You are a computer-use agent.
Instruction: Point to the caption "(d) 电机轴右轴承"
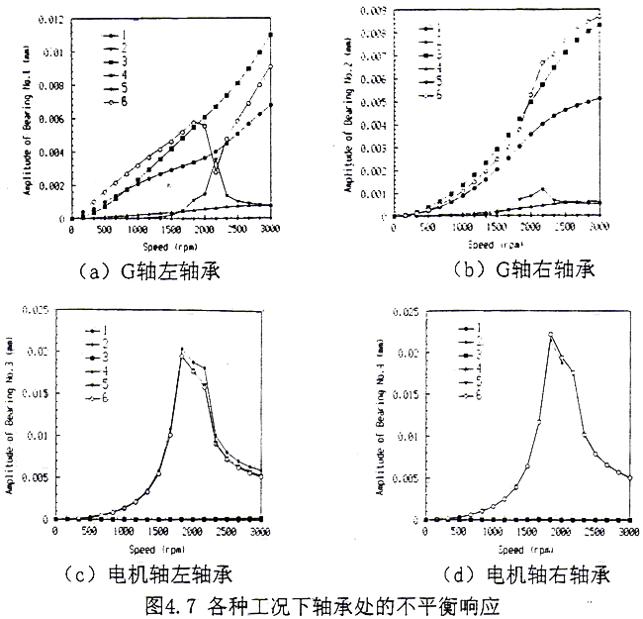coord(495,574)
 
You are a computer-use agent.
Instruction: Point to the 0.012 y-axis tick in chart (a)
coord(51,20)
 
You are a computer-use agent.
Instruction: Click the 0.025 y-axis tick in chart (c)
coord(34,311)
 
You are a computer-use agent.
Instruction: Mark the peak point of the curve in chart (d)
coord(550,335)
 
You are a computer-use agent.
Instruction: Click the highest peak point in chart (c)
coord(182,350)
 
